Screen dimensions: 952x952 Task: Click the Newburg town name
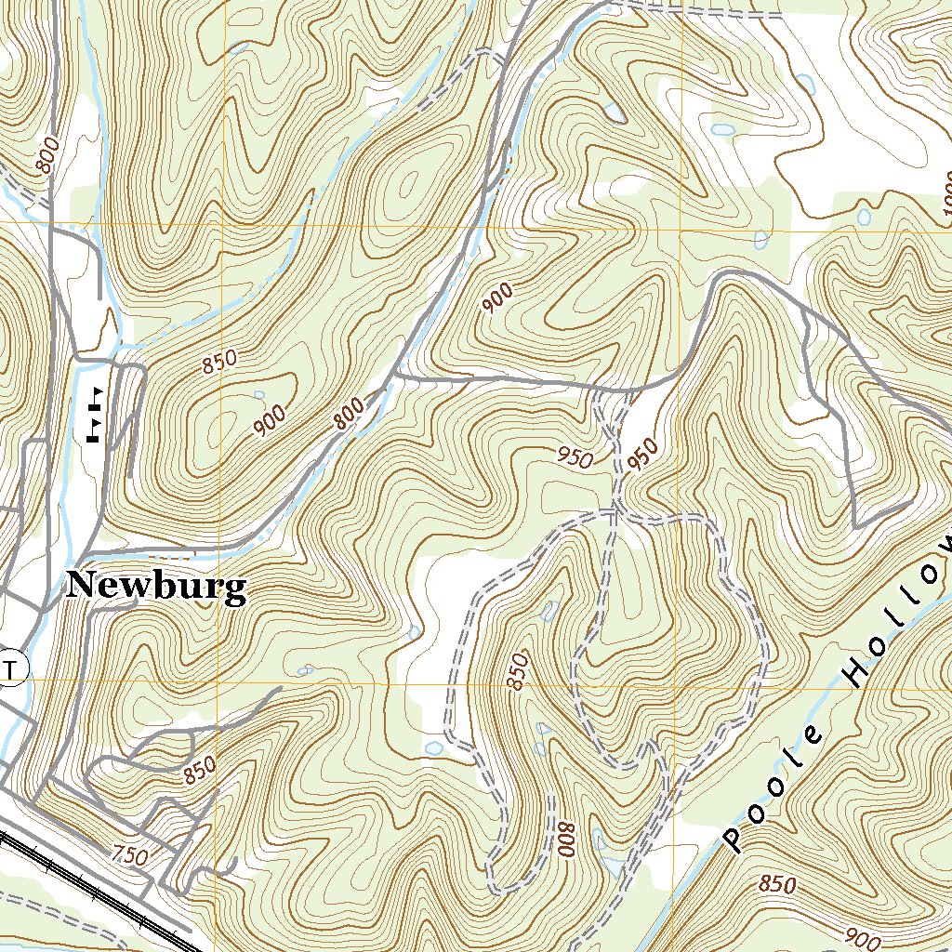[156, 587]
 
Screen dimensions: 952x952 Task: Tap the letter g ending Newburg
[236, 590]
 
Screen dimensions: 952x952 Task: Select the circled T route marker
[11, 668]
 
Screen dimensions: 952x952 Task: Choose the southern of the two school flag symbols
[94, 430]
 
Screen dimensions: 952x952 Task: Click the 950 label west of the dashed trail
[575, 456]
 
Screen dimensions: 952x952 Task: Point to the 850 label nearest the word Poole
[776, 884]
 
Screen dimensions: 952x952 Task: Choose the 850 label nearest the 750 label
[199, 771]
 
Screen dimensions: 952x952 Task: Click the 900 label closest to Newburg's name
[270, 422]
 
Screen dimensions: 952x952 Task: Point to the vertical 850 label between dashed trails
[518, 672]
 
